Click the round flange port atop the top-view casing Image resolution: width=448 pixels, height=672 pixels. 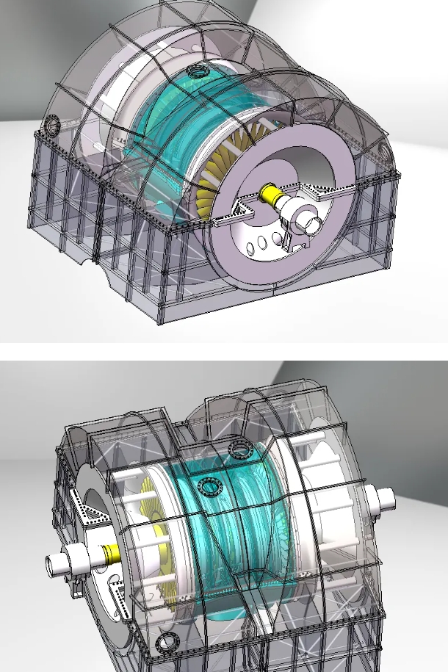pos(198,71)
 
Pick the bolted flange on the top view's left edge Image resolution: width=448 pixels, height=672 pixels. pos(52,125)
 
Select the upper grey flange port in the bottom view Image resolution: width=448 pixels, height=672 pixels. pos(239,449)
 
